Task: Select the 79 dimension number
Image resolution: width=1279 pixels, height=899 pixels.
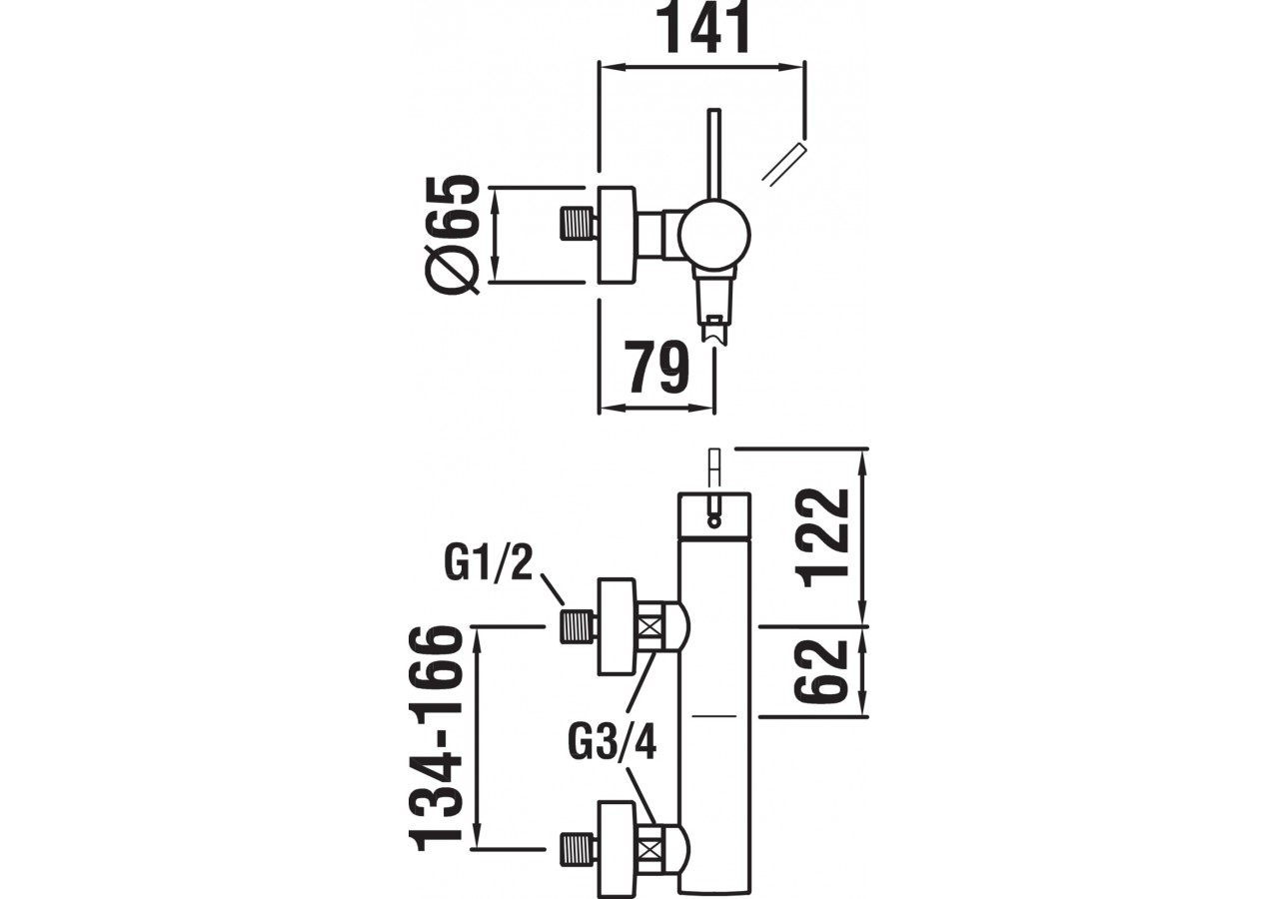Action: click(x=656, y=368)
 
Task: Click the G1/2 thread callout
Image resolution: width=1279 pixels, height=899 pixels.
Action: click(x=490, y=563)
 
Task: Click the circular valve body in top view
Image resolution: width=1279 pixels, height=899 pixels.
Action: click(x=712, y=236)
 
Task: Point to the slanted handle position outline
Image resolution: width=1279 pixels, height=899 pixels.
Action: click(x=783, y=165)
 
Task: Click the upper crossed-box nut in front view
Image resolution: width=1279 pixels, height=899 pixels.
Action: click(x=650, y=627)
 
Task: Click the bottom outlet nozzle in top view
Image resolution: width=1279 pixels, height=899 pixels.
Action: click(x=714, y=314)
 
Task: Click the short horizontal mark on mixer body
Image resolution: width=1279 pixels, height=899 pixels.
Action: click(x=714, y=715)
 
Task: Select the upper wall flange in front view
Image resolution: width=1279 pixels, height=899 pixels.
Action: click(x=617, y=626)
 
